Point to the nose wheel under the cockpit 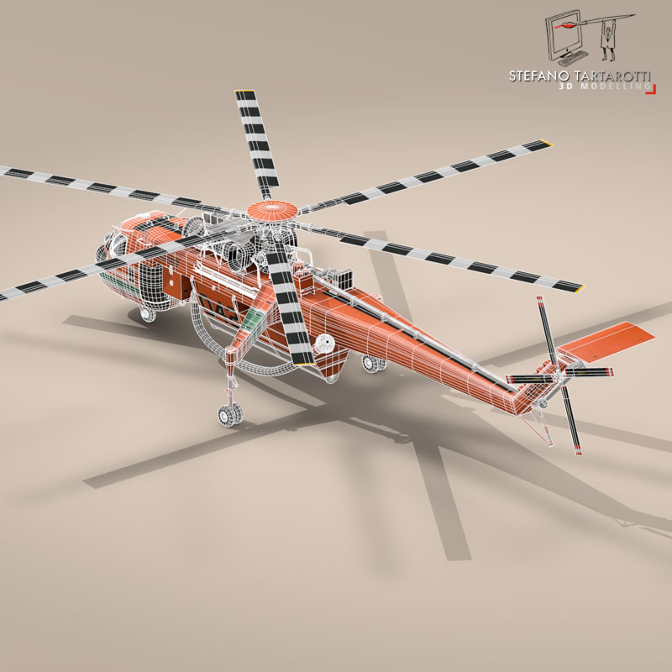pos(146,314)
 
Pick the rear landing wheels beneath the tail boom pos(371,363)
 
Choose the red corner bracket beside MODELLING pos(649,89)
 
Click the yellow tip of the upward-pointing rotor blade pos(244,91)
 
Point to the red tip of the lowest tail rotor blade pos(577,454)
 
